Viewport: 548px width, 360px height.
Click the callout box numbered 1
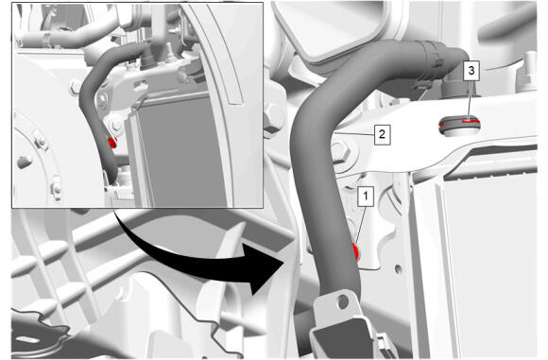[366, 197]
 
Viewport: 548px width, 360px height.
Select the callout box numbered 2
[382, 134]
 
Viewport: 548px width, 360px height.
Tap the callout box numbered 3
[471, 71]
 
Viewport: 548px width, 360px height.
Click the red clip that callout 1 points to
[356, 250]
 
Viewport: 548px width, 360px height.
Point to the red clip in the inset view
[112, 143]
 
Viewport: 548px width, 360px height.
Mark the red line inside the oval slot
[470, 121]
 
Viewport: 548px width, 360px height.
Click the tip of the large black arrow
[283, 261]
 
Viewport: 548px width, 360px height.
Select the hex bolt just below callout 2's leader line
[341, 153]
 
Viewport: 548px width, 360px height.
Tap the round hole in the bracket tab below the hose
[343, 301]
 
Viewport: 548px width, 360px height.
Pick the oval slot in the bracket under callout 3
[459, 125]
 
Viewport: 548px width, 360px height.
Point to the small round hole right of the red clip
[398, 268]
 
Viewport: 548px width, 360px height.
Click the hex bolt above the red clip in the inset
[115, 125]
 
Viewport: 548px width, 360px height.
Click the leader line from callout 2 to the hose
[353, 134]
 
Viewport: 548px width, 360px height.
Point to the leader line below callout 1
[361, 226]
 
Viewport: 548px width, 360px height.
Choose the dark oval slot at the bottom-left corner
[27, 339]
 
